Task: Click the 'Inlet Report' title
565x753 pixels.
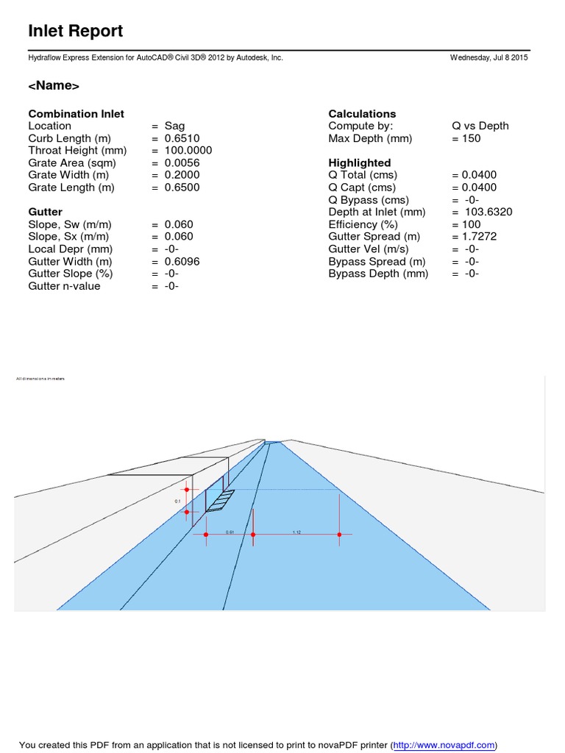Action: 75,32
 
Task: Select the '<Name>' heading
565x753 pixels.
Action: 54,86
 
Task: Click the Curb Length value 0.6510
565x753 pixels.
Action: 182,138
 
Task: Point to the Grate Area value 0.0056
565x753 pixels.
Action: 182,163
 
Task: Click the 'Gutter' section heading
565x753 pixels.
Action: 45,212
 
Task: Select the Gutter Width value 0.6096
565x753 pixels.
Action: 182,261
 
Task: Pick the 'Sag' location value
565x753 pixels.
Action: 175,126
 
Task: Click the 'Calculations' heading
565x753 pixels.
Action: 362,114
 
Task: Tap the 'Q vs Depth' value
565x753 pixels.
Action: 480,126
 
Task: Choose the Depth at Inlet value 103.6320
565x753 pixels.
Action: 486,212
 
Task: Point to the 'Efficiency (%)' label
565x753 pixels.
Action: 363,224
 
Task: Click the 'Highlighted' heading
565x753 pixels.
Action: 360,163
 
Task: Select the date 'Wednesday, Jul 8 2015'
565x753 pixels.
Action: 488,57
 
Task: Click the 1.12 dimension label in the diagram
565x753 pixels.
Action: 296,531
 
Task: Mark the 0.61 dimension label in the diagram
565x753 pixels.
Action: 230,531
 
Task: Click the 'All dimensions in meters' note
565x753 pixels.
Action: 40,379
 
